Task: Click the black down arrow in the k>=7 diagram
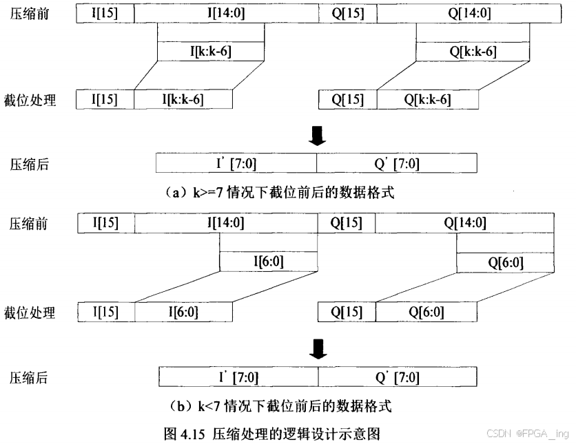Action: click(317, 138)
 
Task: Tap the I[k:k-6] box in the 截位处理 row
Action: click(183, 99)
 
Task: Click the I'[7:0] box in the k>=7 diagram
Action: click(236, 163)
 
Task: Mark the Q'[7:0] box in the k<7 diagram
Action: click(398, 377)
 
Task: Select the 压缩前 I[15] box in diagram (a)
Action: click(105, 14)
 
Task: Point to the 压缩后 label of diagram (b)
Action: click(28, 377)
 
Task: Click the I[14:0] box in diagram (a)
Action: click(227, 14)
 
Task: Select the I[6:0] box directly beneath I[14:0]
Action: click(269, 261)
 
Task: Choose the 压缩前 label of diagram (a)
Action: click(28, 14)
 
